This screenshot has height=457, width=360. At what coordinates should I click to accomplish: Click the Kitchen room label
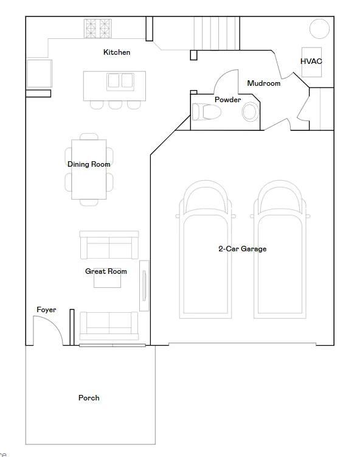click(117, 52)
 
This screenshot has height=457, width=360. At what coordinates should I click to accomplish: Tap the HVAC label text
click(311, 61)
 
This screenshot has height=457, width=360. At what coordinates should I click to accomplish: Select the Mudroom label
click(263, 83)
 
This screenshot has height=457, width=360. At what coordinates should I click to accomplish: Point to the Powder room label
click(228, 100)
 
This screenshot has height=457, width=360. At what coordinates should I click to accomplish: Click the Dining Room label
click(89, 164)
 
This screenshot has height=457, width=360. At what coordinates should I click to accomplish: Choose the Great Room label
click(106, 271)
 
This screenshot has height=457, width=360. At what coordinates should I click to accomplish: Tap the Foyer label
click(46, 310)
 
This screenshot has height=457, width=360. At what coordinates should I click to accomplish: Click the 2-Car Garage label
click(242, 249)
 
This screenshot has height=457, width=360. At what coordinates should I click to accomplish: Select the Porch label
click(89, 398)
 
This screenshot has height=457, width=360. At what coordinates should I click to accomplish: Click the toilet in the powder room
click(206, 111)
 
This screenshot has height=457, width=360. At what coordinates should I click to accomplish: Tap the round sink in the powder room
click(250, 111)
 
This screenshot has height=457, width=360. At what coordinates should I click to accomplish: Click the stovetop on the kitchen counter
click(97, 29)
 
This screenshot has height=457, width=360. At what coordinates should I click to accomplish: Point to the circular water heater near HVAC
click(319, 29)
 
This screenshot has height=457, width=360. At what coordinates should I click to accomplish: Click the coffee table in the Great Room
click(107, 279)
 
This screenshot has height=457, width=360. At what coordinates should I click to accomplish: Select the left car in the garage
click(206, 249)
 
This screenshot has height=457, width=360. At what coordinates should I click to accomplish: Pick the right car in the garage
click(280, 249)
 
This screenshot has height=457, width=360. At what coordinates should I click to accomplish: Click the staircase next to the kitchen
click(217, 33)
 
